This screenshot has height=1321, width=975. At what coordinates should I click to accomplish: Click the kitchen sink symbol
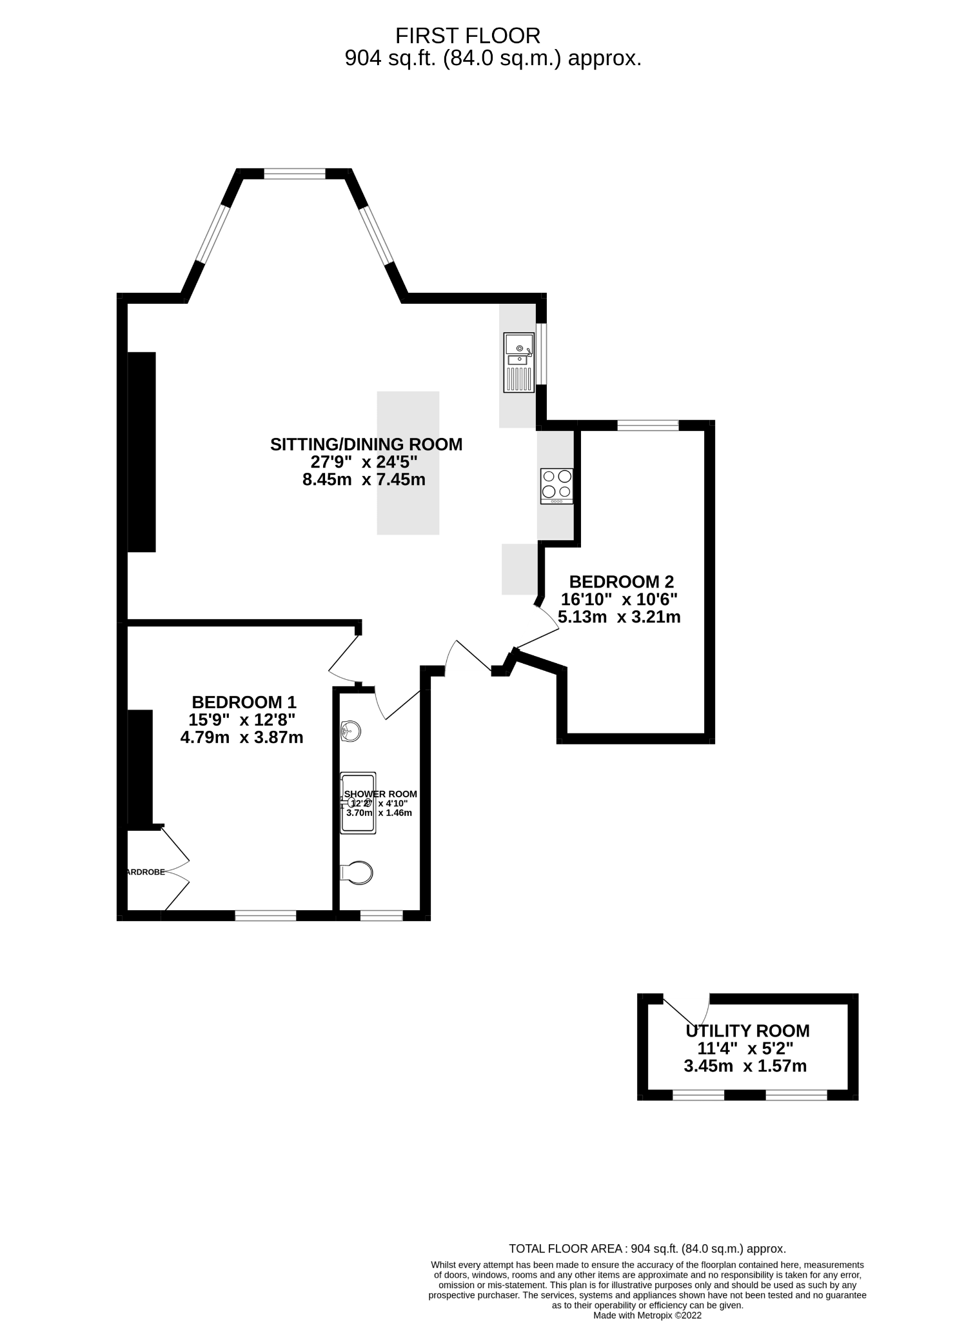point(519,363)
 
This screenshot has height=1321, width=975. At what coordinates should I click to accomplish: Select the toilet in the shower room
point(357,873)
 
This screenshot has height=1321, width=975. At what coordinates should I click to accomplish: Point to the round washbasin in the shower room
point(350,731)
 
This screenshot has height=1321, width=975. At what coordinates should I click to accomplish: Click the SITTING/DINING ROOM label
point(366,444)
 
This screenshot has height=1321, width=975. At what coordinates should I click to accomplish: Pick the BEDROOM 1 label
point(244,702)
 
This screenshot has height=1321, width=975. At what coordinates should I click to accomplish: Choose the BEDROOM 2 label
point(621,582)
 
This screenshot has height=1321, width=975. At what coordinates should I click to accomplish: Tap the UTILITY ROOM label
point(747,1031)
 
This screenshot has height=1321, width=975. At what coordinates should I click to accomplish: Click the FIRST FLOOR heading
point(468,35)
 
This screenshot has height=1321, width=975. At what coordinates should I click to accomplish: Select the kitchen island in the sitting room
point(408,463)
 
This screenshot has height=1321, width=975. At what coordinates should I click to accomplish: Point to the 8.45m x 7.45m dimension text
point(364,480)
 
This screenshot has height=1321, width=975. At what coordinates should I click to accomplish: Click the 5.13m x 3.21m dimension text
point(619,617)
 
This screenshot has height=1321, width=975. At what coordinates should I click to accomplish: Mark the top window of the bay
point(295,174)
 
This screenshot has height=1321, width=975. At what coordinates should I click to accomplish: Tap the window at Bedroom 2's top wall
point(648,425)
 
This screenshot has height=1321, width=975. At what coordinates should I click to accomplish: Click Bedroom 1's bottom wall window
point(266,915)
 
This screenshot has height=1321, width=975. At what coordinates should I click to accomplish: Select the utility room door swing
point(687,1008)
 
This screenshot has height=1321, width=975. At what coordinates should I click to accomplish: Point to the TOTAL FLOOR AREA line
point(647,1249)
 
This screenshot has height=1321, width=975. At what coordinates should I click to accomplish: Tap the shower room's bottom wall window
point(381,915)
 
